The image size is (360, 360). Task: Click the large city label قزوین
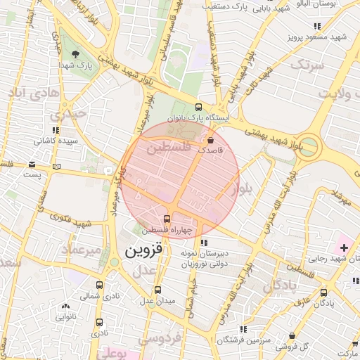pyautogui.click(x=143, y=250)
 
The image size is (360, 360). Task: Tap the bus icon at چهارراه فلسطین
pyautogui.click(x=166, y=218)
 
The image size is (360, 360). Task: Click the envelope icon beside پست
pyautogui.click(x=32, y=165)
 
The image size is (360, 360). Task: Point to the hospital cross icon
pyautogui.click(x=344, y=247)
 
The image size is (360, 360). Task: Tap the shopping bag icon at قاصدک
pyautogui.click(x=211, y=141)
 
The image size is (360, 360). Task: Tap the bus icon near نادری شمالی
pyautogui.click(x=99, y=285)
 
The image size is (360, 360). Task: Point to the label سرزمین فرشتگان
pyautogui.click(x=243, y=340)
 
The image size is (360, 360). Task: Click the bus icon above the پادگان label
pyautogui.click(x=323, y=292)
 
